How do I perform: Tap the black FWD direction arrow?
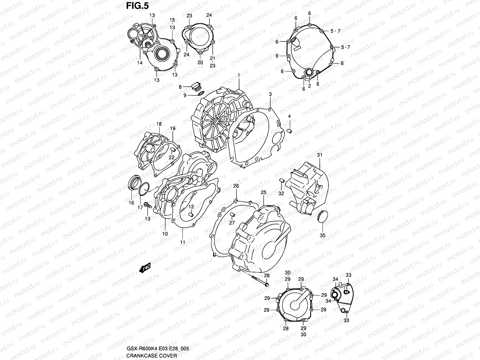point(145,268)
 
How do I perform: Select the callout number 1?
point(239,75)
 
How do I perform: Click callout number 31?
point(319,155)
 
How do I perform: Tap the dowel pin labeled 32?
point(281,180)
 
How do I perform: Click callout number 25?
point(263,192)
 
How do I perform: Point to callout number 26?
point(236,186)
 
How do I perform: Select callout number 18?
point(159,124)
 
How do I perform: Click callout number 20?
point(200,62)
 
